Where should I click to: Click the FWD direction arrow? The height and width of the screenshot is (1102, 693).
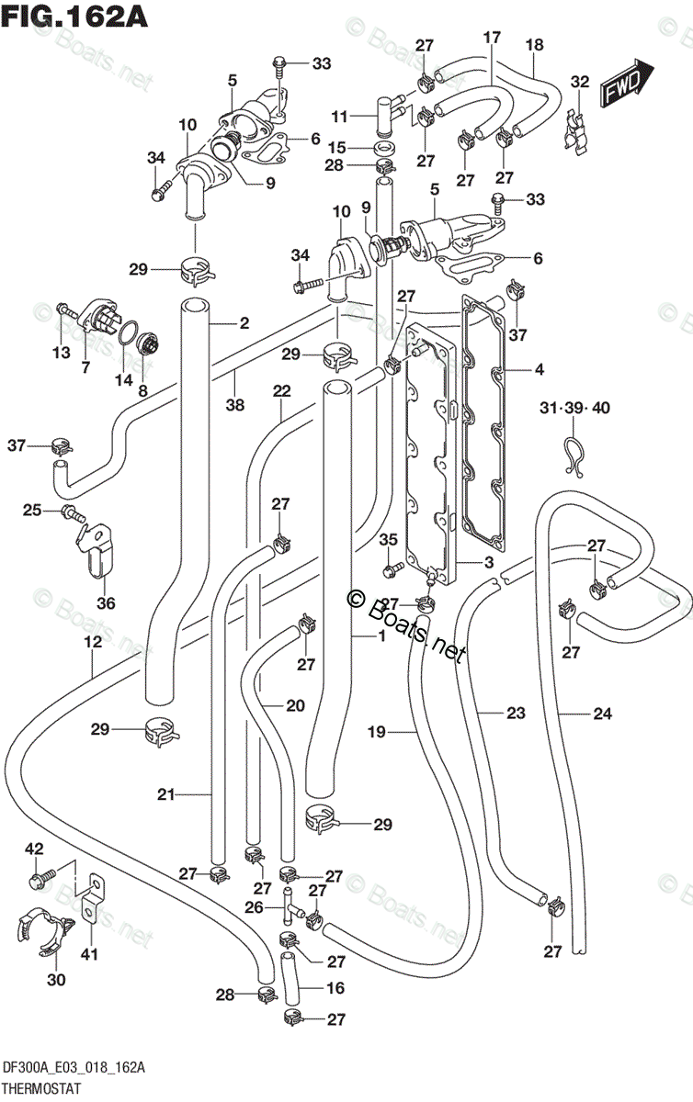626,82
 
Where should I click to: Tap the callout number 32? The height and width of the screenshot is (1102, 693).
580,82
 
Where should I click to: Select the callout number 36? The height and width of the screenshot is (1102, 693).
106,602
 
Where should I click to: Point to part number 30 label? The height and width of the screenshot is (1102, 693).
56,980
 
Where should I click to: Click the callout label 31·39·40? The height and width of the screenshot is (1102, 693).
574,408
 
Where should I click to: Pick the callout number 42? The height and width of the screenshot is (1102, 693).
35,849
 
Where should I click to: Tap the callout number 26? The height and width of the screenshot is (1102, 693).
255,906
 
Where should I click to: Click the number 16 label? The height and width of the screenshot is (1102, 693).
335,987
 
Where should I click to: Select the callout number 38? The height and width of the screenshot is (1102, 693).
235,405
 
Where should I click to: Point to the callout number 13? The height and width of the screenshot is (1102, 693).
62,353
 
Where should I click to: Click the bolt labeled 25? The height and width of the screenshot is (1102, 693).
74,514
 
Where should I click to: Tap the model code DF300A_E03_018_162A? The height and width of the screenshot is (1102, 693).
74,1067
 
